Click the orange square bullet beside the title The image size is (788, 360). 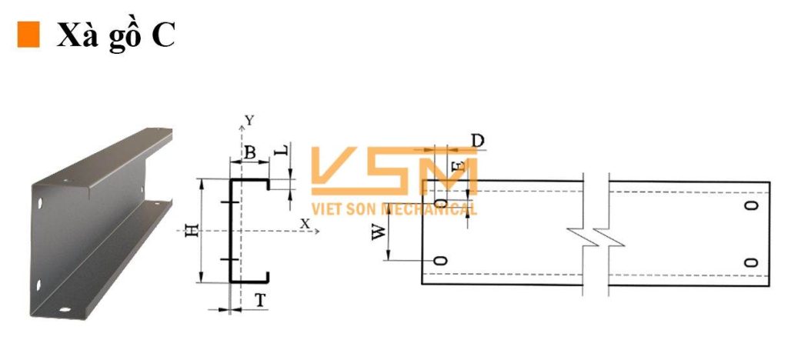coord(28,35)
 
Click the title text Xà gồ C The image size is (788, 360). coord(115,35)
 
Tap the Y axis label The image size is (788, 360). coord(249,120)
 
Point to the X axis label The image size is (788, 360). coord(305,224)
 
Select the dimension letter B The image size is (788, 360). coord(249,152)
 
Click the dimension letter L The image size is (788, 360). coord(282,150)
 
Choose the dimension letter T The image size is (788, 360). coord(260,300)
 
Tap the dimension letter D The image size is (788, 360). coord(478,141)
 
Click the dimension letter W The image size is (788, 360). coord(379,232)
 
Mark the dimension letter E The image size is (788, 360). coord(458,165)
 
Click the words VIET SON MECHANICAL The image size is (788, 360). coord(394,209)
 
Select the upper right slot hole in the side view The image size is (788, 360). coord(751,205)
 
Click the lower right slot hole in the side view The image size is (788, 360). coord(751,262)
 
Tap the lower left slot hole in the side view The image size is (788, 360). coord(440,260)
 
